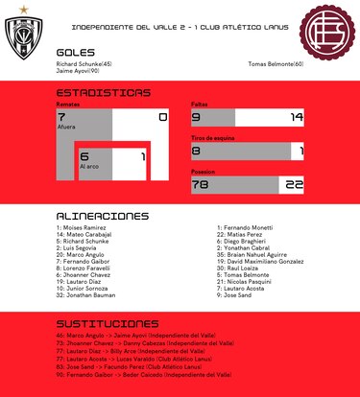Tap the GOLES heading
(76, 53)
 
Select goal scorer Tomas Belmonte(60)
(275, 64)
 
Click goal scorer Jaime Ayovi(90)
(84, 71)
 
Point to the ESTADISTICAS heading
(103, 93)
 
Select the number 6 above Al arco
(84, 156)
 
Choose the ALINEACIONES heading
(103, 216)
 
